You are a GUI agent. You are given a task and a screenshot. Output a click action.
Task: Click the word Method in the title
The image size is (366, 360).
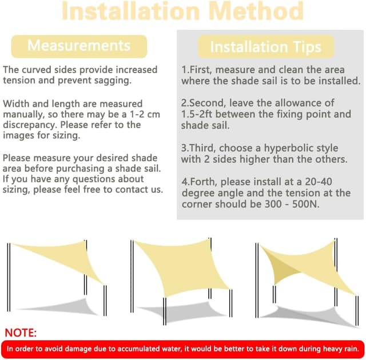pos(256,11)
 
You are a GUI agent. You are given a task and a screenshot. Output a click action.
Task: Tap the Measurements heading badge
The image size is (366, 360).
pos(79,46)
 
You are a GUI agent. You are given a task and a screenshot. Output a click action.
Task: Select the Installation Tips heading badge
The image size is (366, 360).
pos(266,47)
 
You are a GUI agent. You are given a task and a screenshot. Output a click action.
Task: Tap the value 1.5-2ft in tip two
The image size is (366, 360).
pos(197,114)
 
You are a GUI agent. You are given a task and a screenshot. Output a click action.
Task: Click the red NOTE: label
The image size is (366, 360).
pos(21,333)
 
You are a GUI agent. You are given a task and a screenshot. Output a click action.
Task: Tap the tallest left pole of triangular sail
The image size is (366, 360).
pos(9,277)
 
